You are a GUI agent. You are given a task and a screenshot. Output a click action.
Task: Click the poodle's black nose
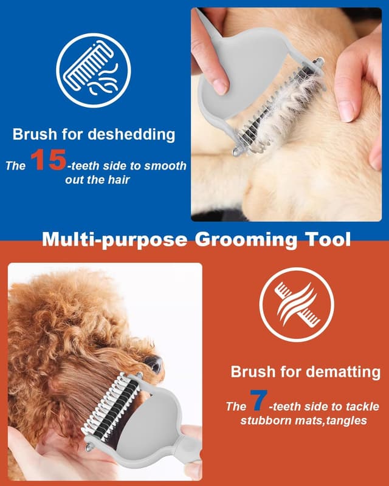[154, 364]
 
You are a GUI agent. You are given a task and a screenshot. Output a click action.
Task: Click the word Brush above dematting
[253, 372]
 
